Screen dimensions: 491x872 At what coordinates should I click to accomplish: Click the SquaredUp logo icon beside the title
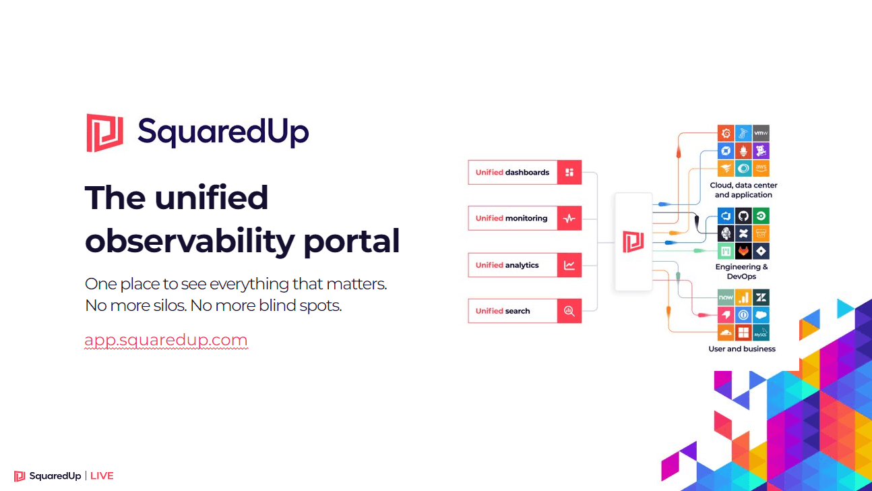[x=105, y=133]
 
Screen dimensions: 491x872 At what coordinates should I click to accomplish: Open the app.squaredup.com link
[x=166, y=340]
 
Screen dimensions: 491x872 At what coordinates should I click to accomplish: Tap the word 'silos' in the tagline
[x=166, y=306]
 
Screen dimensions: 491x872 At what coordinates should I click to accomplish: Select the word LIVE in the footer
[x=102, y=476]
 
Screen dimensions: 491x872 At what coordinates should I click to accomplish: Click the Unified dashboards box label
[x=512, y=173]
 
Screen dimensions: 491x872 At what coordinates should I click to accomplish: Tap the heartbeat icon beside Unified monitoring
[x=569, y=219]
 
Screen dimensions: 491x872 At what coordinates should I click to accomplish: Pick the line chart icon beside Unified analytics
[x=569, y=265]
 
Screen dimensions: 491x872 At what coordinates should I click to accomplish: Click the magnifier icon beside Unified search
[x=569, y=311]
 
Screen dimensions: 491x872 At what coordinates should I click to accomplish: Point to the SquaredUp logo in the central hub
[x=633, y=241]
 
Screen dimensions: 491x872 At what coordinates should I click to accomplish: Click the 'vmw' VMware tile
[x=761, y=133]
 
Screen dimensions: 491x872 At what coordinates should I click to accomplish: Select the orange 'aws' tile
[x=761, y=169]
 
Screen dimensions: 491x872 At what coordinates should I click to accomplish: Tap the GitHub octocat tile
[x=743, y=216]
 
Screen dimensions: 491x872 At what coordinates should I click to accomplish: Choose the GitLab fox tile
[x=743, y=252]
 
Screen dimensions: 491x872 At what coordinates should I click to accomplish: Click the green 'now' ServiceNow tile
[x=726, y=297]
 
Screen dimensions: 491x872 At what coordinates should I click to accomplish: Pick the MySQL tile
[x=761, y=333]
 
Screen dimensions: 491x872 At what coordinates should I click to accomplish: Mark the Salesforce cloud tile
[x=761, y=315]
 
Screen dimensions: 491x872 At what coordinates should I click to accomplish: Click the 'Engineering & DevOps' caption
[x=741, y=272]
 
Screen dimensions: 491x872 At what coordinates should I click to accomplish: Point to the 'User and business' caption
[x=742, y=349]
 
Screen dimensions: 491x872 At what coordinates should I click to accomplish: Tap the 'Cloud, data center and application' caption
[x=743, y=190]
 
